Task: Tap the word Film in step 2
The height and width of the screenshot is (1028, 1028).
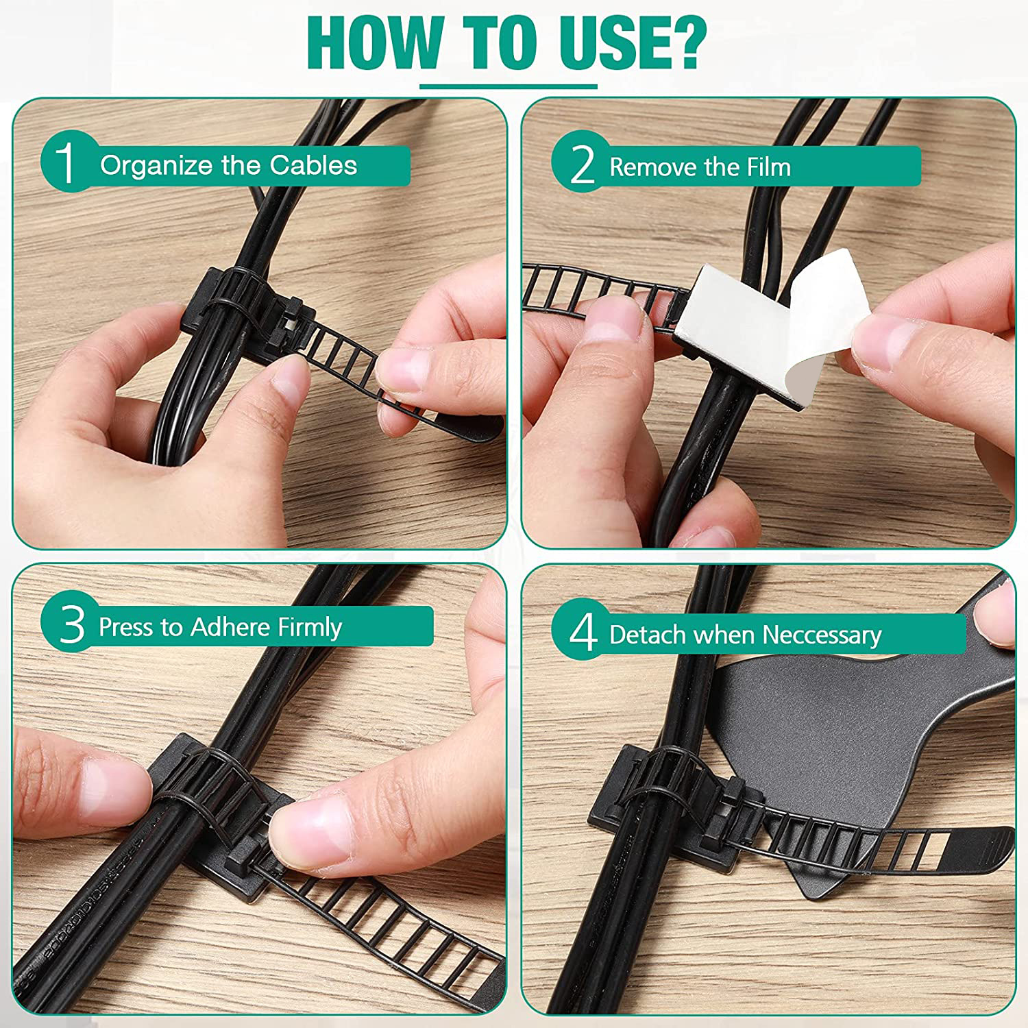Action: [769, 167]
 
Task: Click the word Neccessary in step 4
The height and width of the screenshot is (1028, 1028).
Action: [822, 635]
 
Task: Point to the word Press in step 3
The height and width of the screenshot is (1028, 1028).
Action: [125, 627]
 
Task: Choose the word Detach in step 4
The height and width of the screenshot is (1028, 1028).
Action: [648, 635]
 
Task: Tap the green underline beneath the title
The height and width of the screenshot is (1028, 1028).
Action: [508, 86]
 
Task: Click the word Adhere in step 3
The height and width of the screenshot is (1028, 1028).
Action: [230, 627]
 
